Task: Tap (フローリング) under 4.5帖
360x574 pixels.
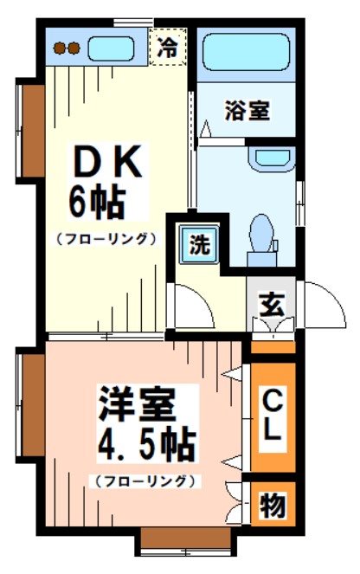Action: click(x=144, y=480)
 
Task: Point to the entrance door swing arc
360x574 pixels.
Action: click(x=318, y=303)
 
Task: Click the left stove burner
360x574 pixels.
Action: click(x=60, y=48)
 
